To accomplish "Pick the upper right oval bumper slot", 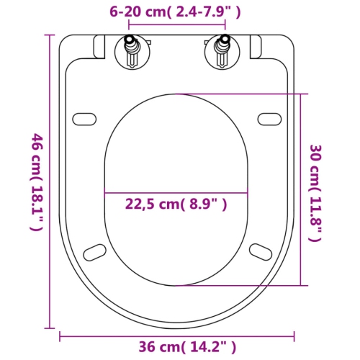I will [x=269, y=118].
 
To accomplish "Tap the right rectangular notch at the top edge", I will [x=255, y=48].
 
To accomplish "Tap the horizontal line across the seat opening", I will [x=176, y=193].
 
